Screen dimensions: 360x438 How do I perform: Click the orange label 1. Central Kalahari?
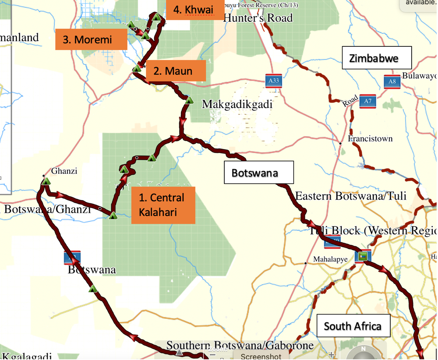[163, 205]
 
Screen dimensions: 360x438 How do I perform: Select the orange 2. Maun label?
[176, 71]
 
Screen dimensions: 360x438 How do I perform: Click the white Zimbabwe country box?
[377, 58]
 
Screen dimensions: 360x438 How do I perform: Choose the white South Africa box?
[353, 326]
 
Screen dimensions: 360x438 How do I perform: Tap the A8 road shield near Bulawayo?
[392, 81]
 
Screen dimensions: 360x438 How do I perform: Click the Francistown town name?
[370, 139]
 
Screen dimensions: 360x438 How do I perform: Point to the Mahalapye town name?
[330, 259]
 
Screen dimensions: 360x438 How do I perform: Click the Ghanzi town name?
[64, 171]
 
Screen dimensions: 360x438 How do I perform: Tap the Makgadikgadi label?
[237, 104]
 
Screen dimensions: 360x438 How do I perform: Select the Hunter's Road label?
[258, 18]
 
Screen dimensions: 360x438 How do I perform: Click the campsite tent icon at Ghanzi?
[46, 181]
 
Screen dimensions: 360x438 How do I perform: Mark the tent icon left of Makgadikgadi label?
[189, 100]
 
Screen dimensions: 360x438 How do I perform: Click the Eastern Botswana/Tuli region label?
[350, 196]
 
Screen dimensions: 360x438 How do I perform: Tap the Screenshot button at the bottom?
[261, 356]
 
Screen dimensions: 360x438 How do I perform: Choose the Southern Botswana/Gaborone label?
[240, 346]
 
